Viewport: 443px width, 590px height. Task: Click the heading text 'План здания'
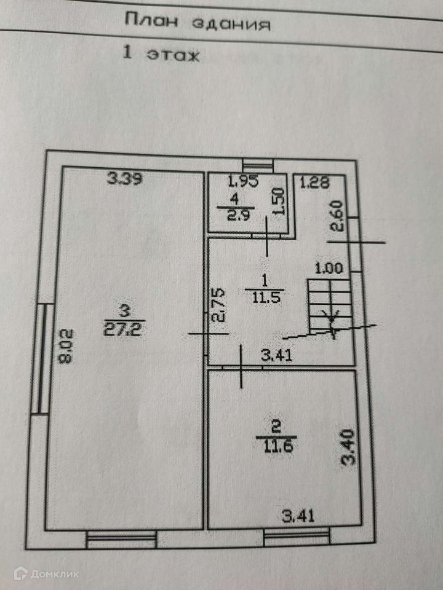pos(198,23)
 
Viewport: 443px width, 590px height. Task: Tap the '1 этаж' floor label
pos(162,54)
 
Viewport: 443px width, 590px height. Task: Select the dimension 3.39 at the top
pos(125,179)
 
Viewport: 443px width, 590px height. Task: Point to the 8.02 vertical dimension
pos(67,347)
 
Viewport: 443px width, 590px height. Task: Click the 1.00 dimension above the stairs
pos(329,269)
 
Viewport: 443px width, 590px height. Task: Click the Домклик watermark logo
pos(46,574)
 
